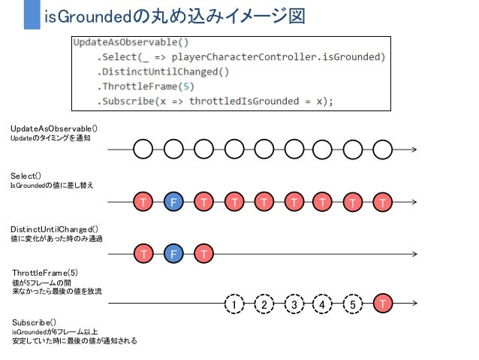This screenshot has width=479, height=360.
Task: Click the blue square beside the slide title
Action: (x=31, y=15)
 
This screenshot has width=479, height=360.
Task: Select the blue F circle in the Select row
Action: (x=173, y=202)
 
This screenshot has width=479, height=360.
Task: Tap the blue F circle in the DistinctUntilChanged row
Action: (x=173, y=254)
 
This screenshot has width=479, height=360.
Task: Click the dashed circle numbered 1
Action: (x=235, y=304)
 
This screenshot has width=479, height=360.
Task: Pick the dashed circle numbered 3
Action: (x=294, y=304)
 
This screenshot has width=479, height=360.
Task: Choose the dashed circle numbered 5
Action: (x=352, y=304)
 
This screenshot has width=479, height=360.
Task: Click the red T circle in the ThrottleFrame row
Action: (x=384, y=304)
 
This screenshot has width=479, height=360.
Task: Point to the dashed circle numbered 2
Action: (x=264, y=304)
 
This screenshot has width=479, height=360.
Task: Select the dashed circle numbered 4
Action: (x=322, y=304)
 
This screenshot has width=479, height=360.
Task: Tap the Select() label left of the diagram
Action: (x=26, y=176)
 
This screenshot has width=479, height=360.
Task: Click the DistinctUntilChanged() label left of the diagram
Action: (x=55, y=228)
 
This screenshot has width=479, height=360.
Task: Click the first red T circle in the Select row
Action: (x=143, y=202)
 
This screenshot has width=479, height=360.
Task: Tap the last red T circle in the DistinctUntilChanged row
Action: (x=203, y=254)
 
